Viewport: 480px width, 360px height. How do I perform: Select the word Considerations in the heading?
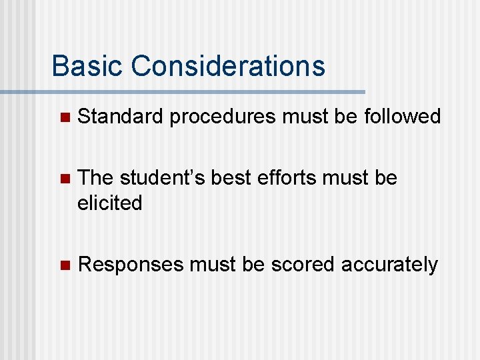229,66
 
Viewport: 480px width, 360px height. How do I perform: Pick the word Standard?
120,117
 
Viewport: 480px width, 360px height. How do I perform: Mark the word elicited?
110,203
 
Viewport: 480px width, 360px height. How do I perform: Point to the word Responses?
131,265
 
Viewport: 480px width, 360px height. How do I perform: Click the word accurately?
389,265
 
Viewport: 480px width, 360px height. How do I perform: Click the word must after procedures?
307,117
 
